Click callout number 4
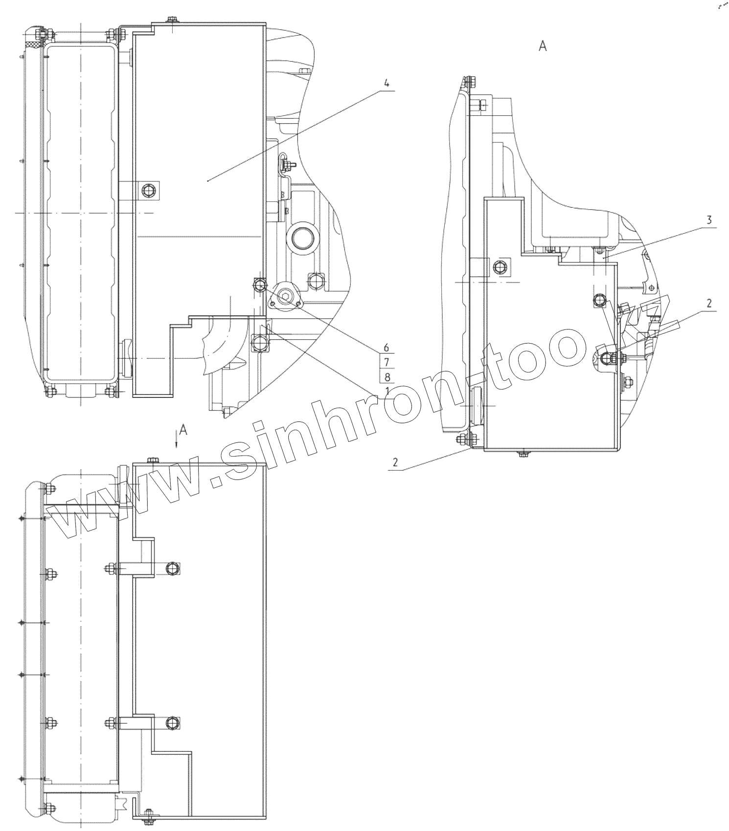[387, 83]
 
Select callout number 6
[386, 348]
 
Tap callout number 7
[386, 362]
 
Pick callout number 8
[386, 377]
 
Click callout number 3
[709, 220]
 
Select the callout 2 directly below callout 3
[709, 303]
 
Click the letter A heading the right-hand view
[542, 46]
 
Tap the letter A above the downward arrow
[183, 429]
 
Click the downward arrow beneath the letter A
[177, 441]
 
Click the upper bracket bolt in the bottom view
[172, 568]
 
